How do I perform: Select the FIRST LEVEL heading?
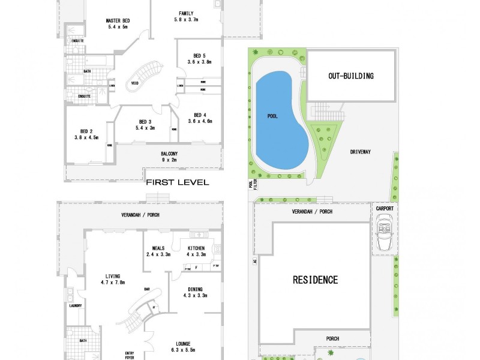tap(177, 182)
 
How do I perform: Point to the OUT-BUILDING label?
tap(351, 76)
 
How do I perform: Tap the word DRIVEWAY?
tap(361, 152)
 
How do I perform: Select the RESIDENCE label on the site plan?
tap(315, 280)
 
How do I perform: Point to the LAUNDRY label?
tap(76, 305)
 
